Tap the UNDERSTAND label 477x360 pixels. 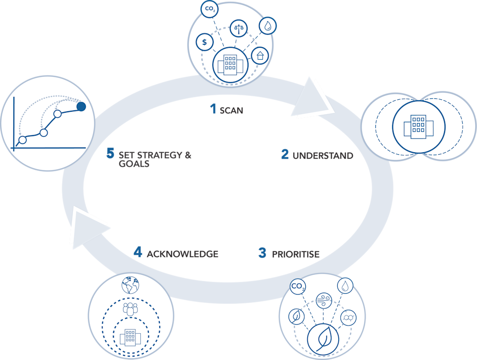tap(323, 156)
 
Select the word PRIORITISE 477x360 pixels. tap(296, 254)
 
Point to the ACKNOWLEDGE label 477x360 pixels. tap(183, 254)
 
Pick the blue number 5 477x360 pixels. tap(111, 154)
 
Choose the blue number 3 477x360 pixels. tap(262, 253)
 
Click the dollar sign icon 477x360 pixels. tap(205, 42)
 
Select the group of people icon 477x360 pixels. tap(129, 309)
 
